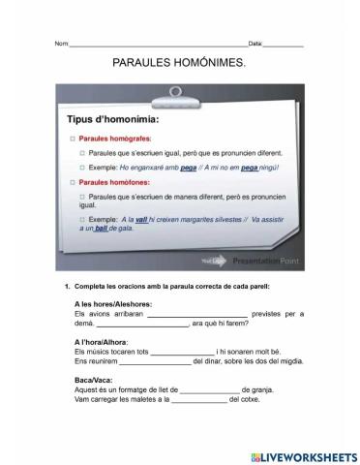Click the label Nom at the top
tap(61, 45)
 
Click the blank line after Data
tap(283, 45)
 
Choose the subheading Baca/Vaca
tap(91, 379)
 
